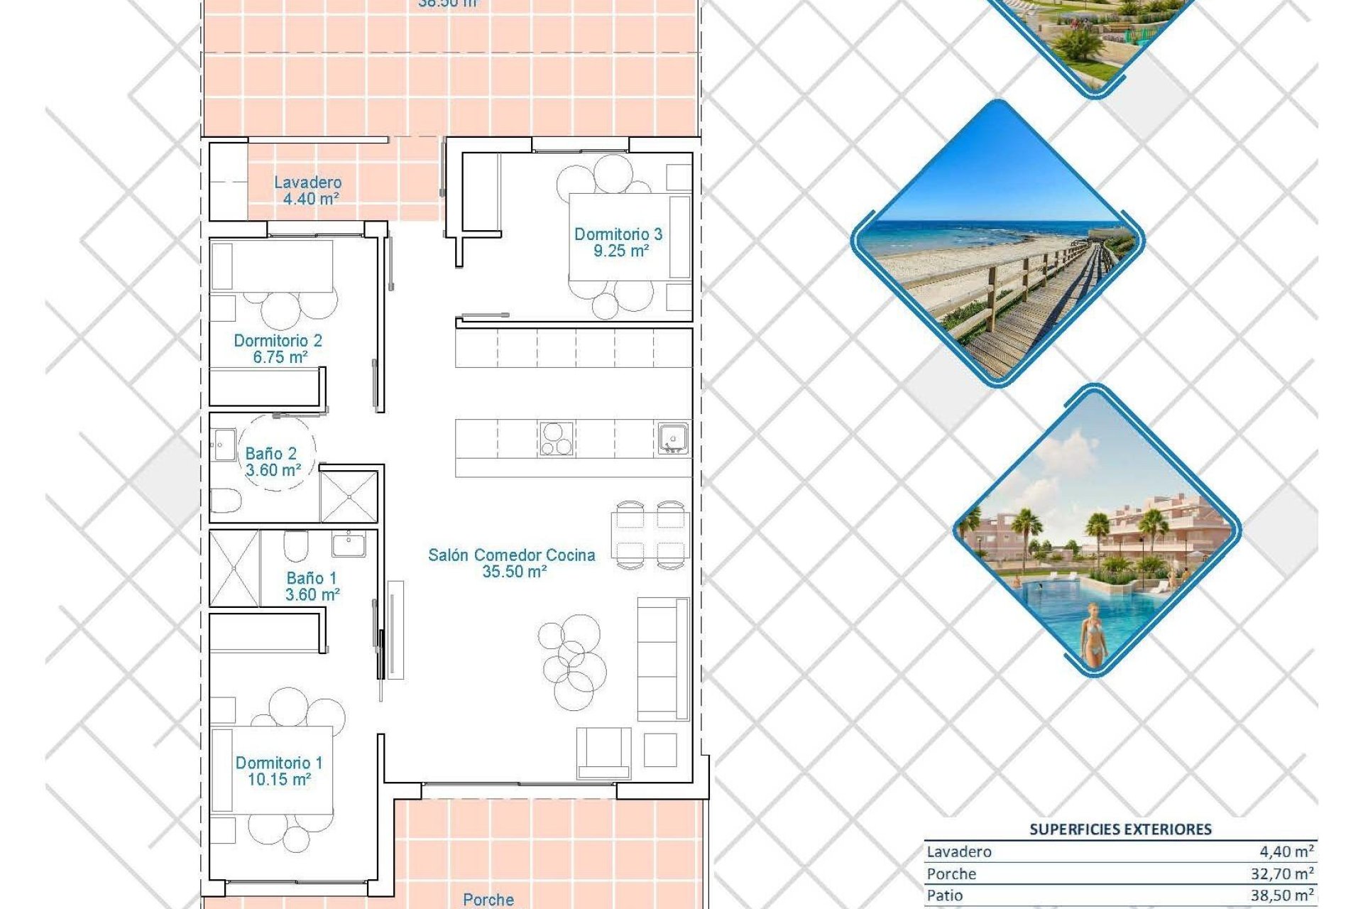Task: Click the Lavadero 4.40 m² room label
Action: [x=308, y=190]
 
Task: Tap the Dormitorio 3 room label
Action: [x=618, y=242]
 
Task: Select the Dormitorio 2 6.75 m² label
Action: [x=278, y=349]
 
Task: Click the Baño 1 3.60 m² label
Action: [x=312, y=587]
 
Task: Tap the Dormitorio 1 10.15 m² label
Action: [x=279, y=771]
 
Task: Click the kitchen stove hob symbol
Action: [x=556, y=438]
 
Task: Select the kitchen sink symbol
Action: [x=672, y=438]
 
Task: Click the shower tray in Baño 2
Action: [x=349, y=496]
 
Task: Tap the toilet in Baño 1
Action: [x=295, y=545]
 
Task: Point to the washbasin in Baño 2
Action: [x=224, y=445]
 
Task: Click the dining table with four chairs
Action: [x=650, y=535]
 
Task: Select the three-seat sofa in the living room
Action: [x=662, y=659]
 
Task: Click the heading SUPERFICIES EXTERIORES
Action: [x=1120, y=829]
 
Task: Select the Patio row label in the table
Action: [x=945, y=896]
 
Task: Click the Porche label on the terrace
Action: [x=488, y=900]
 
